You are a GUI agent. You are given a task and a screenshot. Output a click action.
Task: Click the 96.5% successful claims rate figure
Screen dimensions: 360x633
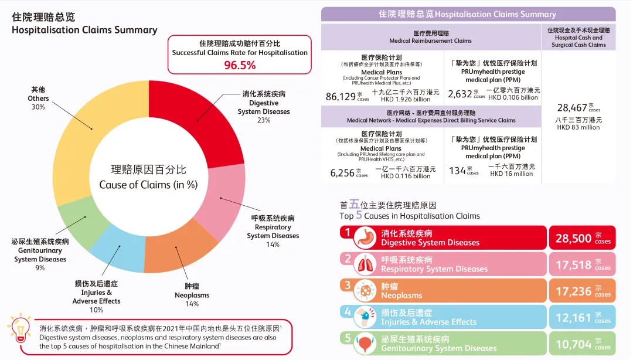click(240, 65)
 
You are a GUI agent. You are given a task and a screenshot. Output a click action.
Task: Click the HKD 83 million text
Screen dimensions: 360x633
click(578, 127)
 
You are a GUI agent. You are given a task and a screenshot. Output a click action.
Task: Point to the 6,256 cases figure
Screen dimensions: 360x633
click(342, 172)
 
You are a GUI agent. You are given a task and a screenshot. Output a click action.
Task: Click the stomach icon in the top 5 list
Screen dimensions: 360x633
click(366, 237)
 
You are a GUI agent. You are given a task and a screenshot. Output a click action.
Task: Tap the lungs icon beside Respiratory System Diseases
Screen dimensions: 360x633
click(366, 264)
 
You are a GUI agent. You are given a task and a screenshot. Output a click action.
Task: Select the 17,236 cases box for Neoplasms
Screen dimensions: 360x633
click(582, 291)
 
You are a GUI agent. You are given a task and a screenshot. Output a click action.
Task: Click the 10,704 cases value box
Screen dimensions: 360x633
click(582, 344)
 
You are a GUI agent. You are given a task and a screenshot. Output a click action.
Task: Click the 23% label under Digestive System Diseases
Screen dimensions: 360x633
click(263, 120)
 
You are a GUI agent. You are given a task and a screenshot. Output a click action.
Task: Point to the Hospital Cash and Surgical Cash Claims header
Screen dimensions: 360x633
click(578, 37)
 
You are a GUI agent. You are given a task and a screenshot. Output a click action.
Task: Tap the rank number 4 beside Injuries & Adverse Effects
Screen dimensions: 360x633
click(348, 312)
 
